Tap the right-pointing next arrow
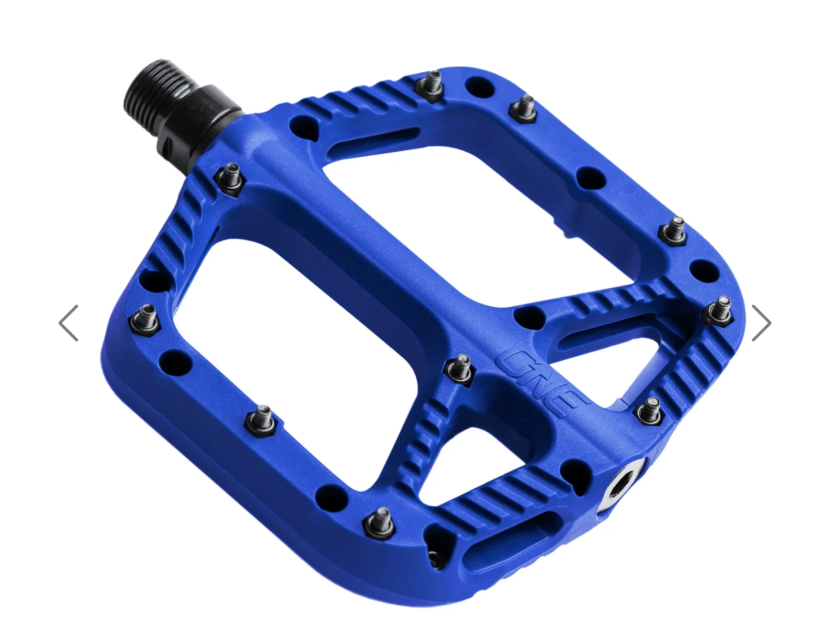pos(761,323)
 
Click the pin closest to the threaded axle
pos(231,178)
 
